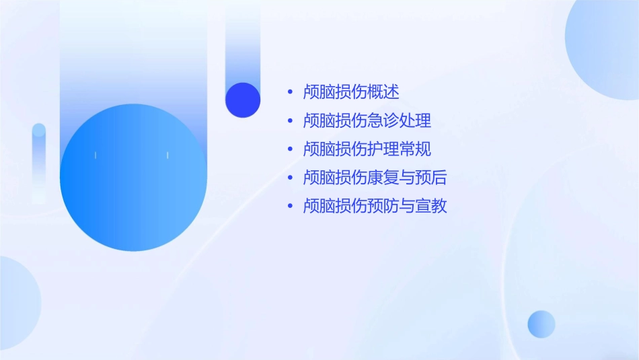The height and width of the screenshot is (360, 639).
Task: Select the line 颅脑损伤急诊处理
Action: pyautogui.click(x=367, y=120)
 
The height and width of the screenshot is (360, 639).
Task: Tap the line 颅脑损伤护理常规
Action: pyautogui.click(x=367, y=149)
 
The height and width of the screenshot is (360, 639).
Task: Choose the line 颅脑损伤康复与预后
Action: pyautogui.click(x=375, y=178)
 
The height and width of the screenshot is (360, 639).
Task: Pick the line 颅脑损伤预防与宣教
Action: pyautogui.click(x=375, y=206)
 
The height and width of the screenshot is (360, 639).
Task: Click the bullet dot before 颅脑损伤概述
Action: pyautogui.click(x=290, y=92)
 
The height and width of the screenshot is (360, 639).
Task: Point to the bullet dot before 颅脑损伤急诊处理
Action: pyautogui.click(x=290, y=121)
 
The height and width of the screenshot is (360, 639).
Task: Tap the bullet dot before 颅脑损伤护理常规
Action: pyautogui.click(x=290, y=149)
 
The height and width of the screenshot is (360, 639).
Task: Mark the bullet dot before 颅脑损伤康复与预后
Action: pyautogui.click(x=290, y=178)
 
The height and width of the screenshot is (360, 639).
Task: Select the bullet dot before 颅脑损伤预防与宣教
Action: pyautogui.click(x=290, y=206)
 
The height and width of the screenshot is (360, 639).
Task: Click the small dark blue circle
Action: pyautogui.click(x=243, y=100)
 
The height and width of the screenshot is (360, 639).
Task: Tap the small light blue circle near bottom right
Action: pyautogui.click(x=541, y=324)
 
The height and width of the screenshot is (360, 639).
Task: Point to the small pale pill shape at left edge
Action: pyautogui.click(x=39, y=161)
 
